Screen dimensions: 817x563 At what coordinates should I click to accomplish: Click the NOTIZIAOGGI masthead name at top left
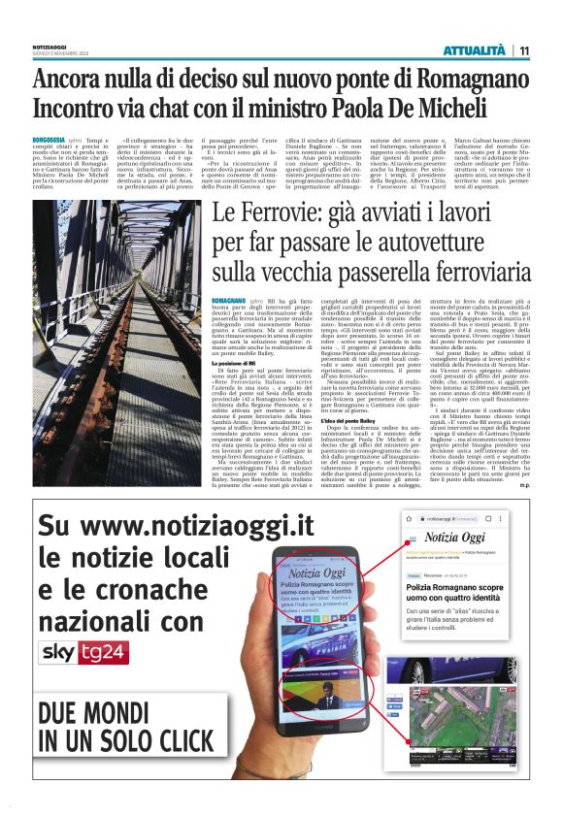[x=50, y=45]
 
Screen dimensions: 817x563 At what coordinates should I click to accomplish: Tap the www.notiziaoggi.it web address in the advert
[x=178, y=525]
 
